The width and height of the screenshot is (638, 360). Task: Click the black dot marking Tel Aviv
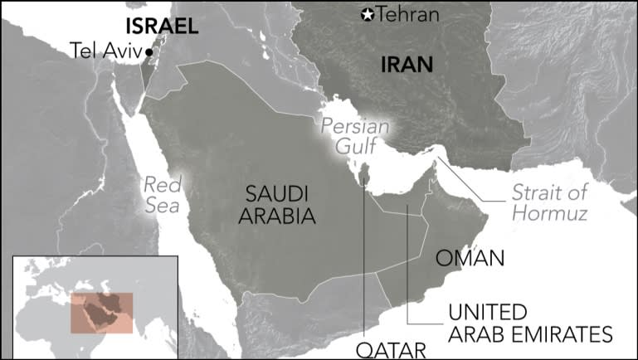click(149, 51)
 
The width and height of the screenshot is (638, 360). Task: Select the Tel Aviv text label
click(106, 51)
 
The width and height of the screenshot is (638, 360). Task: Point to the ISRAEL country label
click(161, 26)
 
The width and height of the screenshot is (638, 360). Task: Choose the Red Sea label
click(161, 194)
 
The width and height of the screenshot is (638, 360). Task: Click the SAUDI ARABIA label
click(277, 205)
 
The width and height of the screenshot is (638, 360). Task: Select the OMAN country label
click(471, 259)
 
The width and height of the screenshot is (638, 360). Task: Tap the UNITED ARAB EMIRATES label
click(529, 324)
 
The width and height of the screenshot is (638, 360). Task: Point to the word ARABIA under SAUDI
click(277, 216)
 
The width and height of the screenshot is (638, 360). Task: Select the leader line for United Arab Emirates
click(408, 274)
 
